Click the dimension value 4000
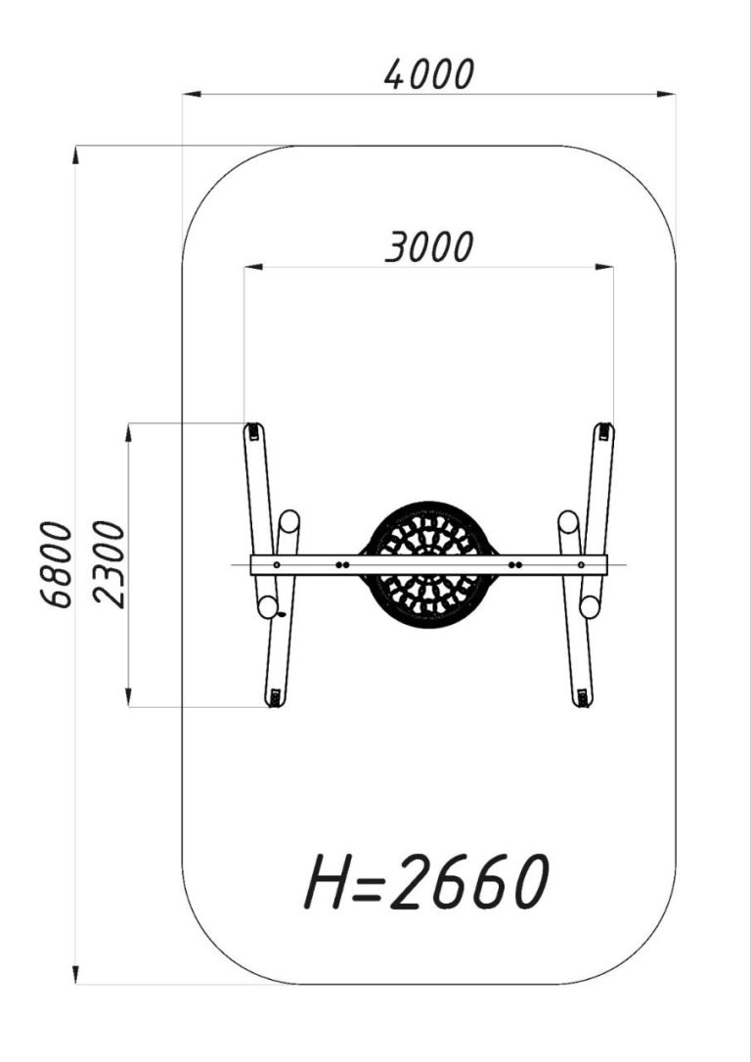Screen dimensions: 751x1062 click(428, 74)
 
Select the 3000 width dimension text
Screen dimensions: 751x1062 click(428, 247)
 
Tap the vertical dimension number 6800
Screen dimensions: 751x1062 click(56, 564)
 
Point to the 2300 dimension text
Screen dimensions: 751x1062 click(109, 564)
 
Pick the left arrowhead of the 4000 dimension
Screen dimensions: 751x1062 click(192, 94)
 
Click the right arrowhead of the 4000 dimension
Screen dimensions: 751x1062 click(666, 94)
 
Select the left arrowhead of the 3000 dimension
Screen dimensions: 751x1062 click(253, 267)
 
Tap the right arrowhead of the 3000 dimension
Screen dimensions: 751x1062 click(604, 267)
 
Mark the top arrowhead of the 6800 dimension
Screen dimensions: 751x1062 click(76, 155)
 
